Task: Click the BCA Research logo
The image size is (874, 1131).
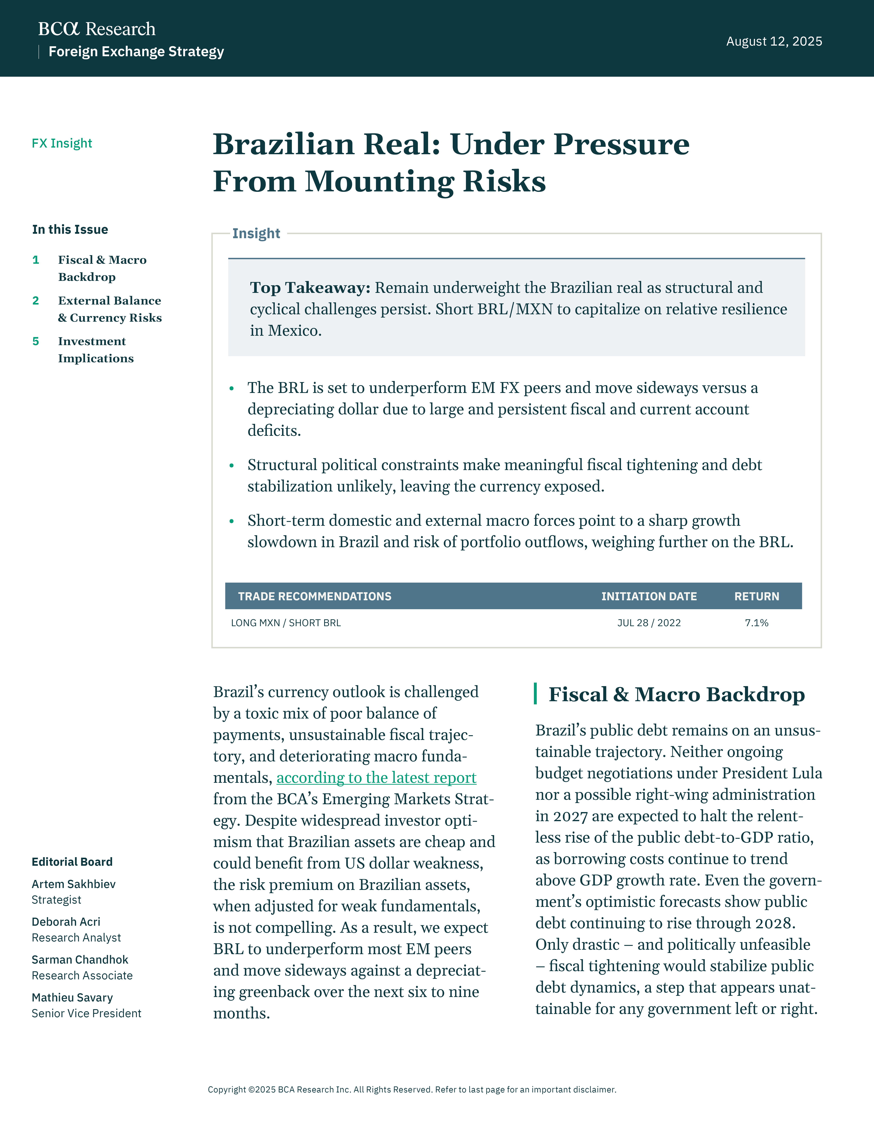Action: point(97,29)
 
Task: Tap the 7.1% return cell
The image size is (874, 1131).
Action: point(756,623)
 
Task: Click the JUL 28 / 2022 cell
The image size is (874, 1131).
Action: point(649,623)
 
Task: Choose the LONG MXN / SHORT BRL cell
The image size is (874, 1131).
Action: point(286,623)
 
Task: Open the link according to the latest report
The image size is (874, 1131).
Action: point(377,778)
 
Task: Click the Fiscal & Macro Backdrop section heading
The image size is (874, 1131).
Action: point(676,694)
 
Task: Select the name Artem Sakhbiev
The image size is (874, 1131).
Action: point(74,884)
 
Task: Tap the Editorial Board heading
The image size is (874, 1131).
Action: point(72,862)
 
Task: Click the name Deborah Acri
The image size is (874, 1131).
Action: point(66,922)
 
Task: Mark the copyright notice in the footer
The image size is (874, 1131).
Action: point(412,1090)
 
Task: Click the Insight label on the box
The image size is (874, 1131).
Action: point(256,234)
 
